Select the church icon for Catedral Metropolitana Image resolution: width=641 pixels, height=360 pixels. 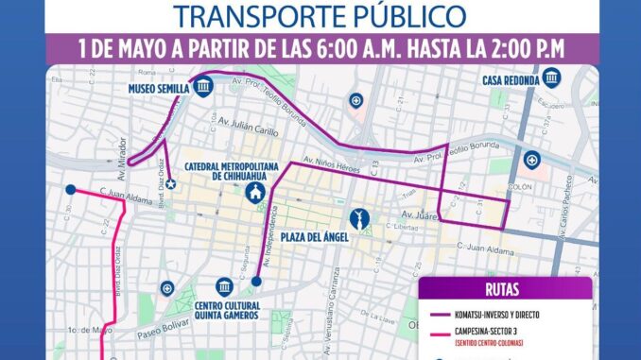[x=255, y=192]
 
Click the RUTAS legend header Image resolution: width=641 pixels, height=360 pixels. [x=505, y=290]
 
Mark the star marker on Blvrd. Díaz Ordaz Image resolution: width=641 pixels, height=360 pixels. [x=171, y=183]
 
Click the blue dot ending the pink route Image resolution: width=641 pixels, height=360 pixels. [x=69, y=189]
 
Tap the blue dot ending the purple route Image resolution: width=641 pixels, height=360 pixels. [x=256, y=281]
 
